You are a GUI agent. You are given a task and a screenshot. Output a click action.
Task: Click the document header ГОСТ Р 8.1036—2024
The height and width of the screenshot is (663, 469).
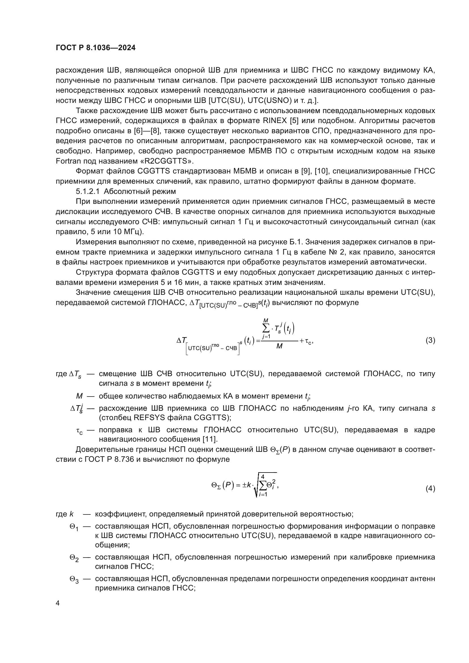(96, 48)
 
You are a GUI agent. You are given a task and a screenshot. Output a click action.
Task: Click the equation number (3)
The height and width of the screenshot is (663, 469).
(430, 340)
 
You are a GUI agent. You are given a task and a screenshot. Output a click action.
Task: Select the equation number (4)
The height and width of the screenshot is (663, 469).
(430, 489)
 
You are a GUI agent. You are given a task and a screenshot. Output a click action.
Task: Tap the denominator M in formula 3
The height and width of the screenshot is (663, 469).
(279, 346)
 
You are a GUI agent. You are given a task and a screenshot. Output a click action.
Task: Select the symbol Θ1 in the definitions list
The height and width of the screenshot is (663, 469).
(74, 527)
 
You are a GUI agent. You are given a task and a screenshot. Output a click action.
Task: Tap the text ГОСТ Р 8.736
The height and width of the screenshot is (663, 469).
(109, 459)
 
